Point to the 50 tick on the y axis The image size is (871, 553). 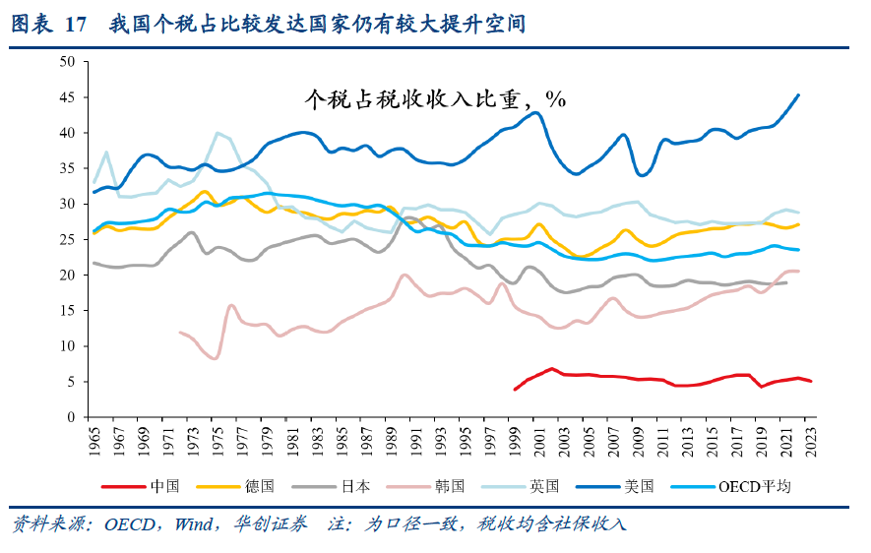tap(68, 62)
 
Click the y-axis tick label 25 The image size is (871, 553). tap(68, 239)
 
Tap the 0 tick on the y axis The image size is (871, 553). tap(72, 417)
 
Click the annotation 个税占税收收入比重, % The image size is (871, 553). tap(434, 98)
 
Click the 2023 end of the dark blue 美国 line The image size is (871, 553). tap(798, 95)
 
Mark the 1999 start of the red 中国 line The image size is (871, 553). tap(515, 390)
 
